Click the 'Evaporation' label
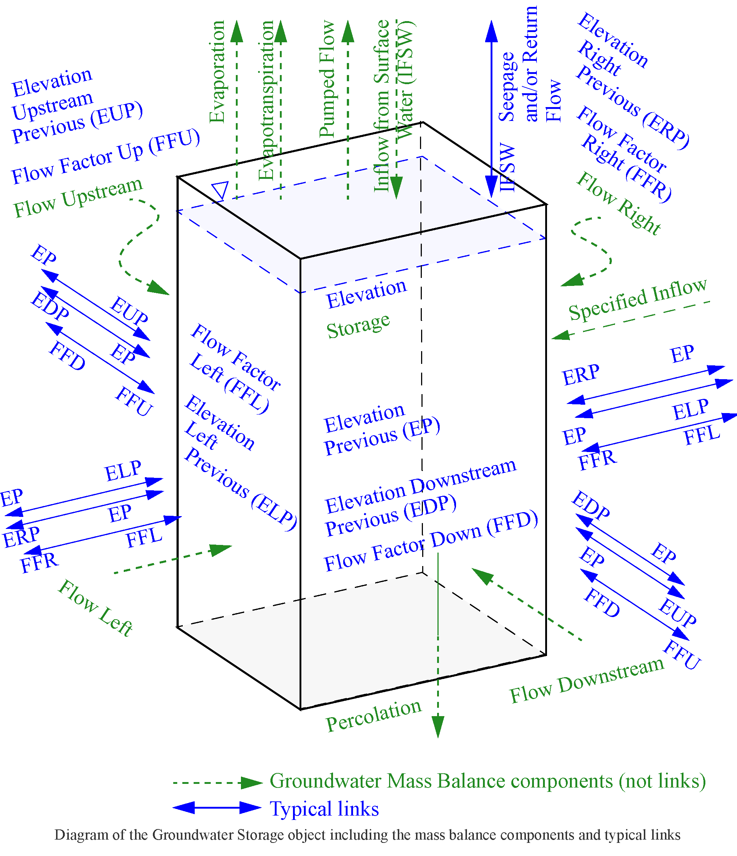[x=217, y=72]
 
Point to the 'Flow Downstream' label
[x=587, y=680]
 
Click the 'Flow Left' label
[x=95, y=608]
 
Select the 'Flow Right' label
[x=618, y=203]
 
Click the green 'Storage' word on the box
[x=358, y=326]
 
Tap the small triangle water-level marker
[x=220, y=190]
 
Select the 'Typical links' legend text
[x=324, y=809]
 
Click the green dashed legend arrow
[x=218, y=782]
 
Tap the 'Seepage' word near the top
[x=507, y=87]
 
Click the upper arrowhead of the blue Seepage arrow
[x=491, y=31]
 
